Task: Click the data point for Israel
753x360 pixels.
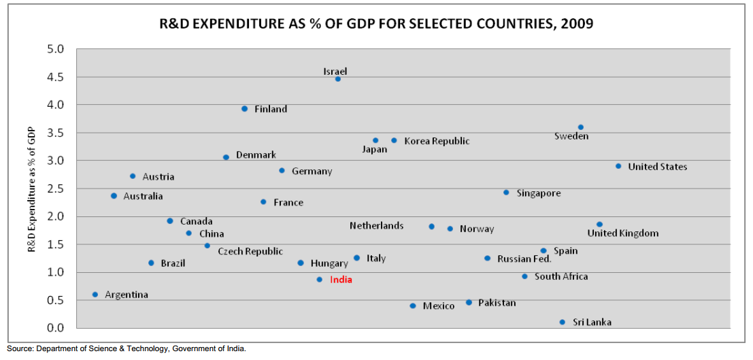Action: (337, 79)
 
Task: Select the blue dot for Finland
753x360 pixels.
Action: (244, 108)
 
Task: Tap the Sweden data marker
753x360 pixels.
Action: (580, 127)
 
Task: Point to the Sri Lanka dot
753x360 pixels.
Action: (562, 322)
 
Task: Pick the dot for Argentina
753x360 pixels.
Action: (95, 295)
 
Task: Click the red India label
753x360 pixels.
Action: (341, 280)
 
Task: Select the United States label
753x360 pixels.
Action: (657, 167)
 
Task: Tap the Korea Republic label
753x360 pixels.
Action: (437, 141)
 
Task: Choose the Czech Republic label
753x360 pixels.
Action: (250, 251)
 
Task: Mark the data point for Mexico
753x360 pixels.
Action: (412, 306)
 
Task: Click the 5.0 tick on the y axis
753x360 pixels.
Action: (55, 50)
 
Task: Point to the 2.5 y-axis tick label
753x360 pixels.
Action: (55, 189)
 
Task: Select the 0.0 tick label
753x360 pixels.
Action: (55, 328)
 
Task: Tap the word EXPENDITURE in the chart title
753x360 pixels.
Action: (235, 24)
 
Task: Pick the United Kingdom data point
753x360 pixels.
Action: (599, 224)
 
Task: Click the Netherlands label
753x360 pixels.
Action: (376, 226)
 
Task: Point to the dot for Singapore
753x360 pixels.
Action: (506, 193)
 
